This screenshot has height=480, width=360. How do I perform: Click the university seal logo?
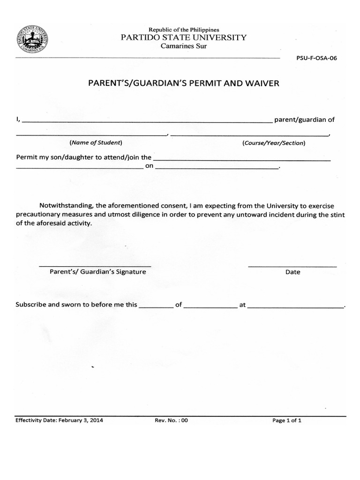click(32, 41)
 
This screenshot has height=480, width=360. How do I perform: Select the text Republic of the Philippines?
click(184, 30)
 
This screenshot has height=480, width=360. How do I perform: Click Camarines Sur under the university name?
click(184, 46)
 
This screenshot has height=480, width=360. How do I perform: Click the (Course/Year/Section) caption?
click(273, 142)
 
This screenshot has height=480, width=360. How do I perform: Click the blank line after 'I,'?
click(146, 120)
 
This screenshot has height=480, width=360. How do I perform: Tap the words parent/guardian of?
click(304, 120)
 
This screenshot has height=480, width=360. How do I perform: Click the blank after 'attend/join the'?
click(241, 159)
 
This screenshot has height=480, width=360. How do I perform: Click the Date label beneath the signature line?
click(292, 272)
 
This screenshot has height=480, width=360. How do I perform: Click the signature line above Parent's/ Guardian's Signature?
click(95, 266)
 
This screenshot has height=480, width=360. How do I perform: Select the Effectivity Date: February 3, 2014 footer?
click(59, 420)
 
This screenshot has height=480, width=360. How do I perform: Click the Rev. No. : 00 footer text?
click(171, 420)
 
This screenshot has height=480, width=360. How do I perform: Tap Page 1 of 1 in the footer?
click(287, 420)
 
